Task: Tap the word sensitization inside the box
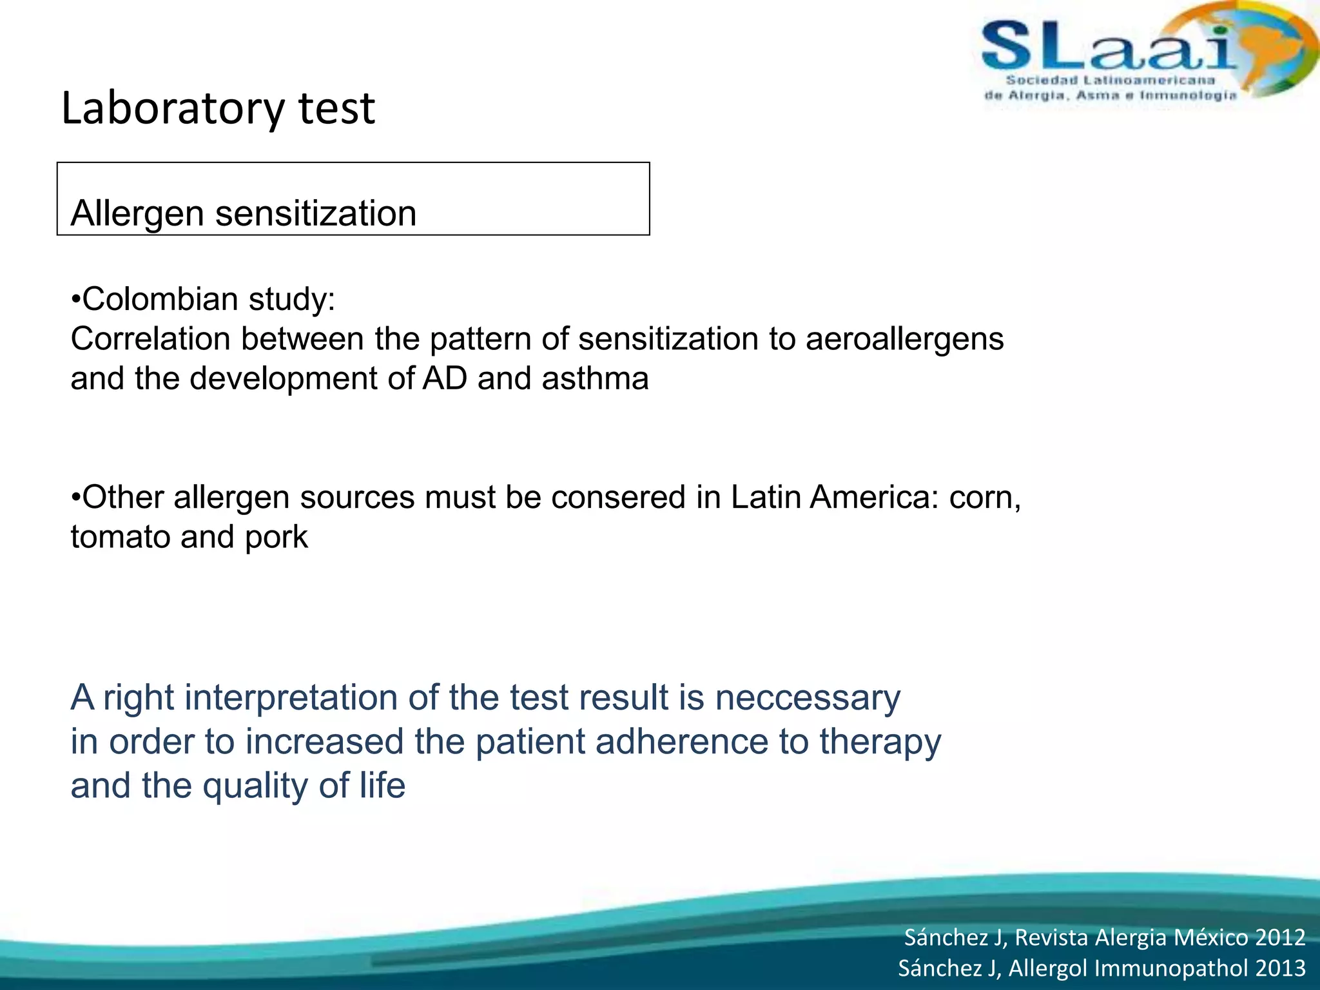(316, 213)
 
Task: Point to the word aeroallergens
(904, 339)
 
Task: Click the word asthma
(594, 378)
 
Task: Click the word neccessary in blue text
(808, 698)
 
